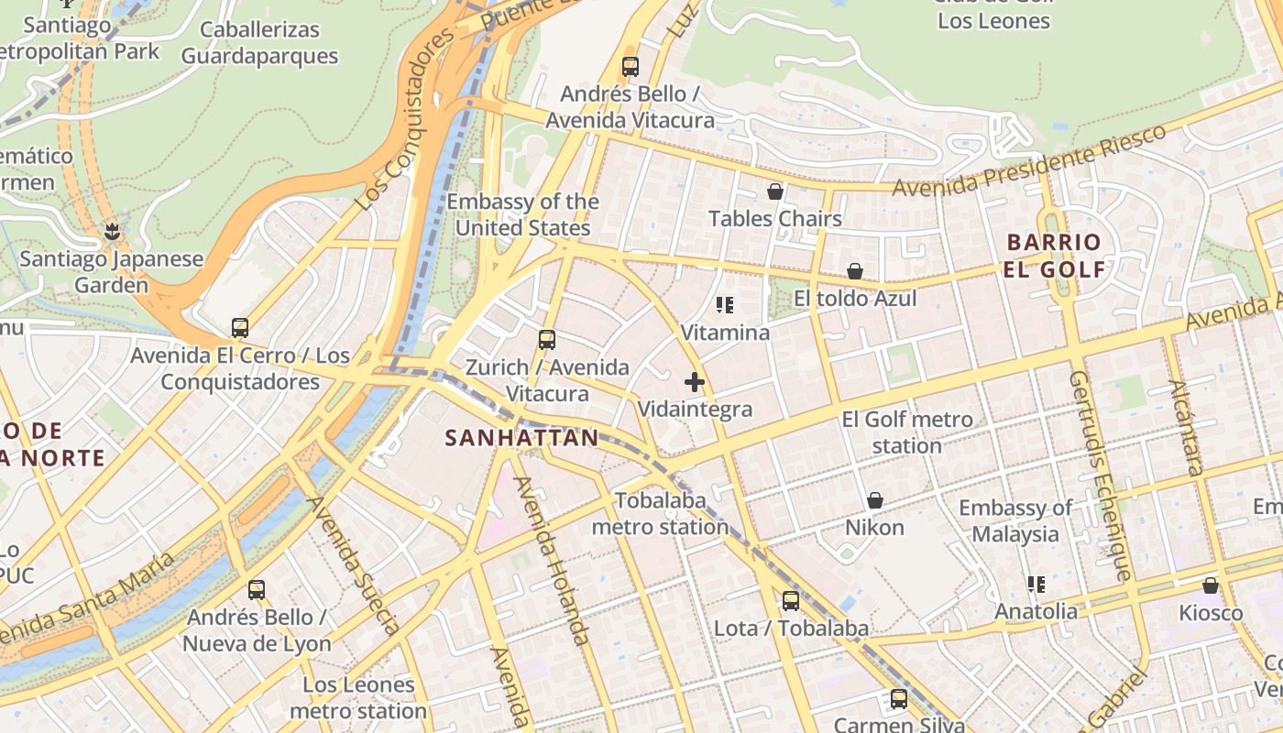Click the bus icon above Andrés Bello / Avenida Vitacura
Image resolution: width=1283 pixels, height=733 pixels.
point(630,66)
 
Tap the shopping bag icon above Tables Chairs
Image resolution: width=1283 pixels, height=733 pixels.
point(775,191)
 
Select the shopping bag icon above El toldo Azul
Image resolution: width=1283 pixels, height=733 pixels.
point(855,271)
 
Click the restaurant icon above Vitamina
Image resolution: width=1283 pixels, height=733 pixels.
point(725,305)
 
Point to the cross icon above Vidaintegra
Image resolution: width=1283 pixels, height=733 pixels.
point(695,382)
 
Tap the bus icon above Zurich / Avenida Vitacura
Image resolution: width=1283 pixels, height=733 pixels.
point(547,340)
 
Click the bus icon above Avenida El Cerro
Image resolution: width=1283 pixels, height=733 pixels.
point(240,327)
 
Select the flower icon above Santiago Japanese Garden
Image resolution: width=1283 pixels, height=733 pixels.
point(112,231)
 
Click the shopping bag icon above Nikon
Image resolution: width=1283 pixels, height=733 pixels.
point(875,500)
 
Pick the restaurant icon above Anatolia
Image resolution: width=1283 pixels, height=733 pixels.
point(1036,584)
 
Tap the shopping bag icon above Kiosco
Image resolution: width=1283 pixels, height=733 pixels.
point(1211,585)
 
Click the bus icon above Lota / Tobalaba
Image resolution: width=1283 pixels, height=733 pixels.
point(791,601)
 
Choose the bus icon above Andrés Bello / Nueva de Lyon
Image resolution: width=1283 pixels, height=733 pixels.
point(257,590)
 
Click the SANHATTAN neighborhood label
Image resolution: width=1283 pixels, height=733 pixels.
point(521,438)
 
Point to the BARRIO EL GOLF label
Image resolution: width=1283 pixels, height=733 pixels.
point(1054,256)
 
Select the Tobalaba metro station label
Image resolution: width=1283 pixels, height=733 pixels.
point(661,514)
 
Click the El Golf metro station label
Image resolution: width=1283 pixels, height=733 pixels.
point(907,432)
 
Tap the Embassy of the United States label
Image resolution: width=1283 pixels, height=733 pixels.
point(523,214)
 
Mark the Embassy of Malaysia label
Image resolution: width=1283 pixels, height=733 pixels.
point(1015,520)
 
